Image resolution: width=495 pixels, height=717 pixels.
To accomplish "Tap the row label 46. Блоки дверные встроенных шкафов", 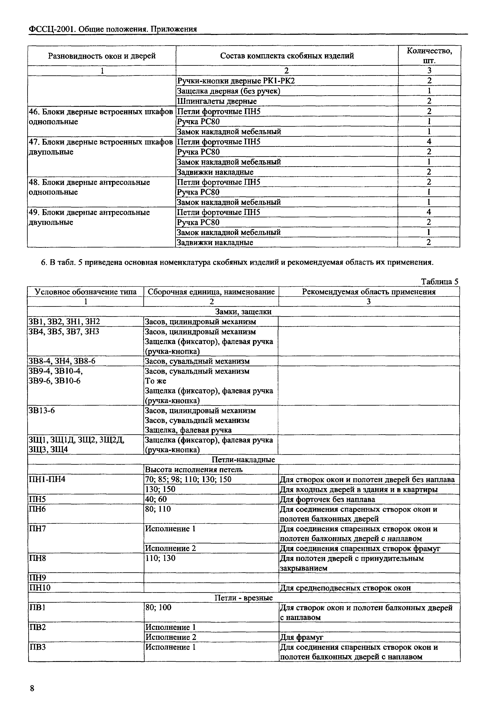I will [101, 112].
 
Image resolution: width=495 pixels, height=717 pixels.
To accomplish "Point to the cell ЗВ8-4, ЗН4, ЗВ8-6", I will [62, 361].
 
